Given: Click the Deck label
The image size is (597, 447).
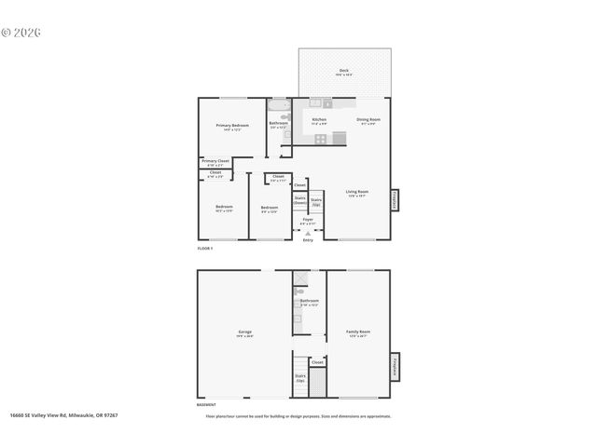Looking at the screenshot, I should (344, 71).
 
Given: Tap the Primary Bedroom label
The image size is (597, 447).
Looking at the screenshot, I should (232, 127).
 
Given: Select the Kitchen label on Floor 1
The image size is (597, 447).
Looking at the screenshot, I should (319, 121).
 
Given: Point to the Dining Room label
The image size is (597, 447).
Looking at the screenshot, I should (368, 121).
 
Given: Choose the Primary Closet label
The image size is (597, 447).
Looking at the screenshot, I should (215, 162).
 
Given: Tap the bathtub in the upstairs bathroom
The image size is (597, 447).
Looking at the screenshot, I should (279, 104).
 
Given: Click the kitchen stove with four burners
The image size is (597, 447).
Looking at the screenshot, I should (320, 139).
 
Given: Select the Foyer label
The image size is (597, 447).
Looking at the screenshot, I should (308, 221).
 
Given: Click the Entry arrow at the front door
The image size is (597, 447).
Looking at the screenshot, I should (308, 233).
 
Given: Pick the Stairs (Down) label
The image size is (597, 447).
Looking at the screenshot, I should (300, 199).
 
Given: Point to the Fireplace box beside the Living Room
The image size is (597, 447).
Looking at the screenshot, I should (396, 199).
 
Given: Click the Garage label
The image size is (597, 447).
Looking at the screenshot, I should (245, 332).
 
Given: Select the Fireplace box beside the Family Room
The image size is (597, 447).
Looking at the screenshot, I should (396, 364).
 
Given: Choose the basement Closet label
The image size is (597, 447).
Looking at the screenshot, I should (317, 361).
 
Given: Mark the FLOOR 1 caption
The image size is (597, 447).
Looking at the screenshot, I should (205, 249).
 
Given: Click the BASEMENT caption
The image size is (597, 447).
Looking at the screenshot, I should (207, 405).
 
